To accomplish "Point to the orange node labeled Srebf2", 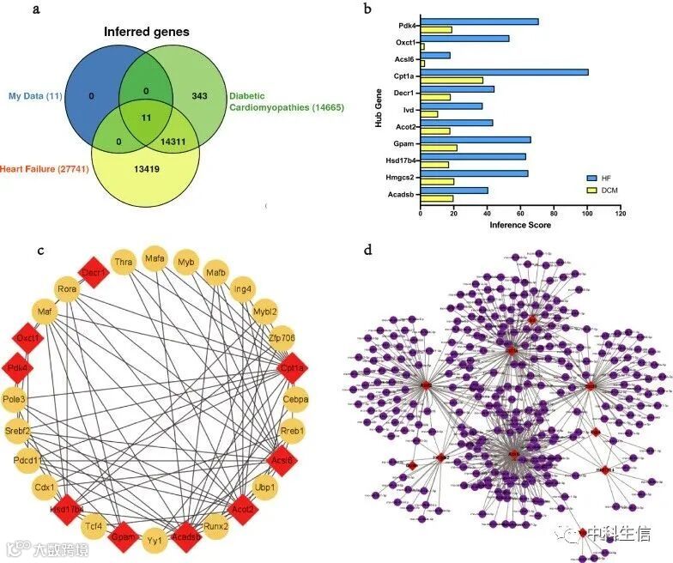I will point(18,430).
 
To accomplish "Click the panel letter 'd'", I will point(368,251).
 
